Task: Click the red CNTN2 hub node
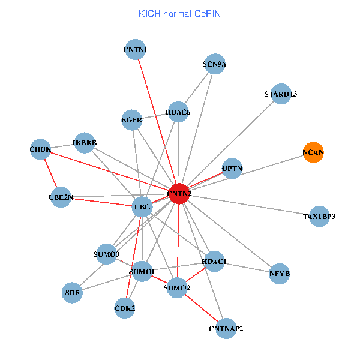[179, 194]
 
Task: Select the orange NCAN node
[313, 152]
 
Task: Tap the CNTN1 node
[136, 50]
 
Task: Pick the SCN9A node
[214, 64]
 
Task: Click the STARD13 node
[281, 94]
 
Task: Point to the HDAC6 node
[178, 112]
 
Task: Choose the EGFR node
[132, 120]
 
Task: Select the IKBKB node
[85, 143]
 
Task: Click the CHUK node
[40, 148]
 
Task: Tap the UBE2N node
[61, 197]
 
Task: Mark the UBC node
[142, 208]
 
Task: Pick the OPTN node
[232, 169]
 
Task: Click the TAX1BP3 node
[319, 216]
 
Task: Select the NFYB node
[280, 274]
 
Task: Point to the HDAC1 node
[214, 261]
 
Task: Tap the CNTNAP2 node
[226, 328]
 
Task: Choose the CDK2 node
[125, 308]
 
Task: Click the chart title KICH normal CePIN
[180, 13]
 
